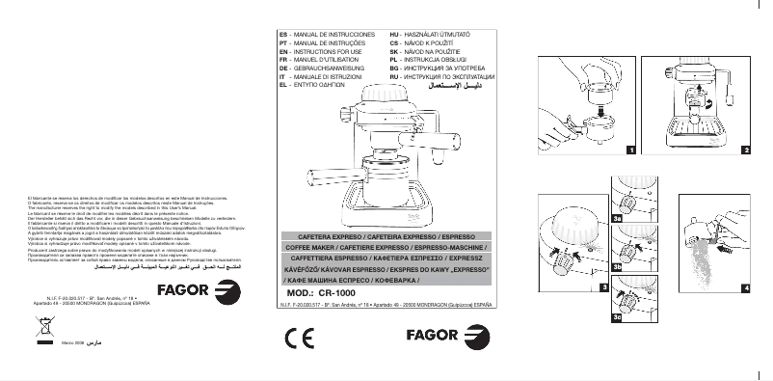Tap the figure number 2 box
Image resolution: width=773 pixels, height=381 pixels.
coord(746,150)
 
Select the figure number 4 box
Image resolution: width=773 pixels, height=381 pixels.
coord(746,287)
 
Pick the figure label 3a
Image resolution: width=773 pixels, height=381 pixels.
coord(617,220)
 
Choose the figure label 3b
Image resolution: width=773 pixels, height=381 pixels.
coord(617,265)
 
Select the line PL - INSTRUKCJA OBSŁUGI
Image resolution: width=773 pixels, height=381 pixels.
coord(423,60)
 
